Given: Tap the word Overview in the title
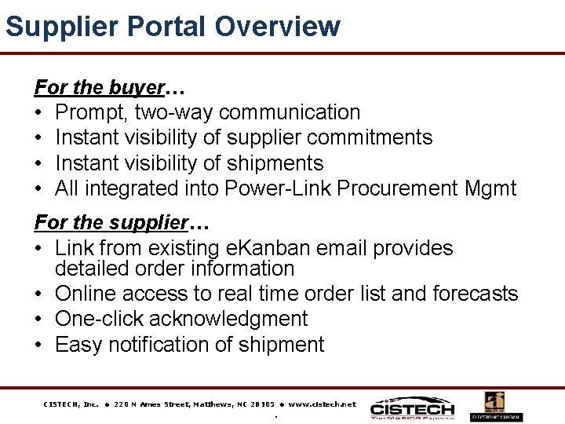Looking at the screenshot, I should [x=277, y=26].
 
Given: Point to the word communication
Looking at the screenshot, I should [x=290, y=112].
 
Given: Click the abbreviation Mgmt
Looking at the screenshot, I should [x=490, y=188].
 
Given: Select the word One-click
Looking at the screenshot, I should [x=100, y=319].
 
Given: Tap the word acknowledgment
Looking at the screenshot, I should [x=228, y=319].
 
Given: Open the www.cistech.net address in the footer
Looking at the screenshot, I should [x=322, y=404].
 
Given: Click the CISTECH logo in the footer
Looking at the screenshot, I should [x=412, y=406].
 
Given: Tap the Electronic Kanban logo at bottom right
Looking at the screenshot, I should [x=496, y=406].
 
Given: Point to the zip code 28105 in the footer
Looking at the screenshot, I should [x=262, y=404].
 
